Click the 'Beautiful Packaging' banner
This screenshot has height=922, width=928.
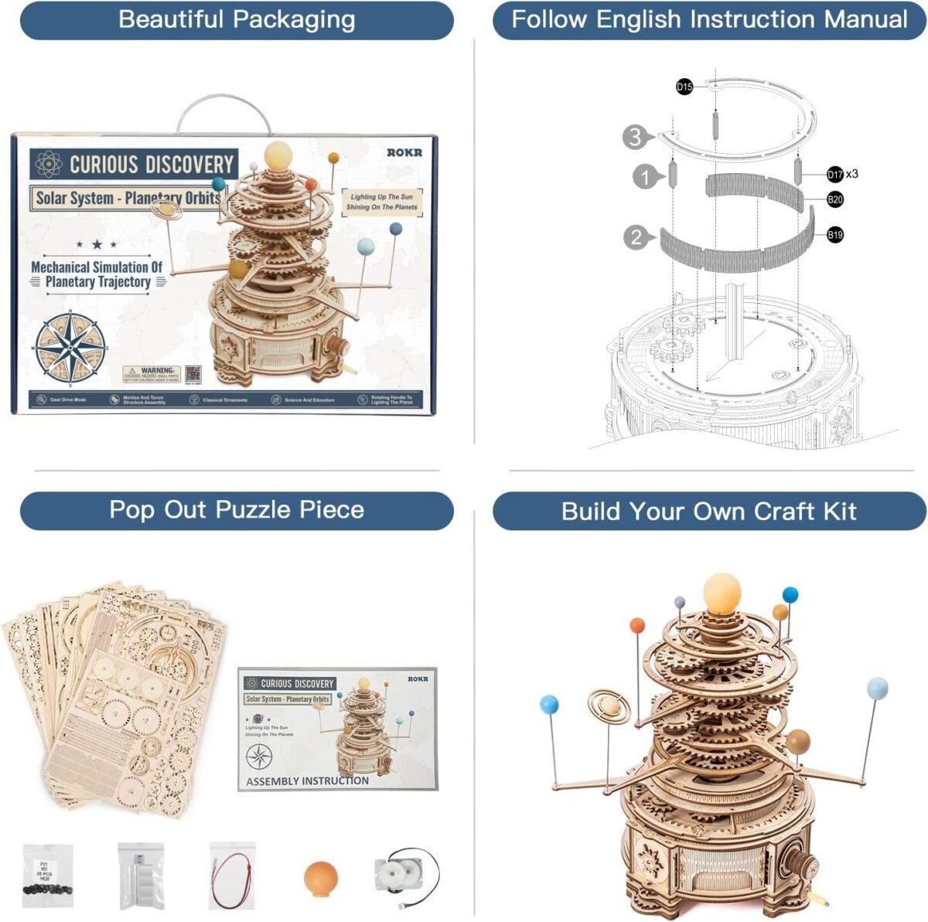point(237,20)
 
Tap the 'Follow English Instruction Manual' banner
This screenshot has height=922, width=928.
point(709,20)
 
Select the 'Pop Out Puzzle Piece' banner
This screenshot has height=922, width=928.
point(237,510)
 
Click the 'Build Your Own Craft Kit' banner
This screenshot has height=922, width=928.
point(709,512)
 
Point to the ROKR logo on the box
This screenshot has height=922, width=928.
point(404,152)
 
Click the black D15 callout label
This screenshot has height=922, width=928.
point(684,87)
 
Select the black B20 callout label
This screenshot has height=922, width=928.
point(835,200)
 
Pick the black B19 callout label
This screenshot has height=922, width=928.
point(835,235)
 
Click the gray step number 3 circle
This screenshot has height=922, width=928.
point(634,138)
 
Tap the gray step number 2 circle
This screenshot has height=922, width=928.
point(636,237)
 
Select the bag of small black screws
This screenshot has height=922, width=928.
point(48,874)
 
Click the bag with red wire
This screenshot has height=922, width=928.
point(232,873)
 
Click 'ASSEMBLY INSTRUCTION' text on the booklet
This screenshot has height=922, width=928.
point(307,781)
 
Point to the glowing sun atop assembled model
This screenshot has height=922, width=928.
point(722,593)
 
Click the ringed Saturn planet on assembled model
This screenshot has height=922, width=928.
point(609,706)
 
